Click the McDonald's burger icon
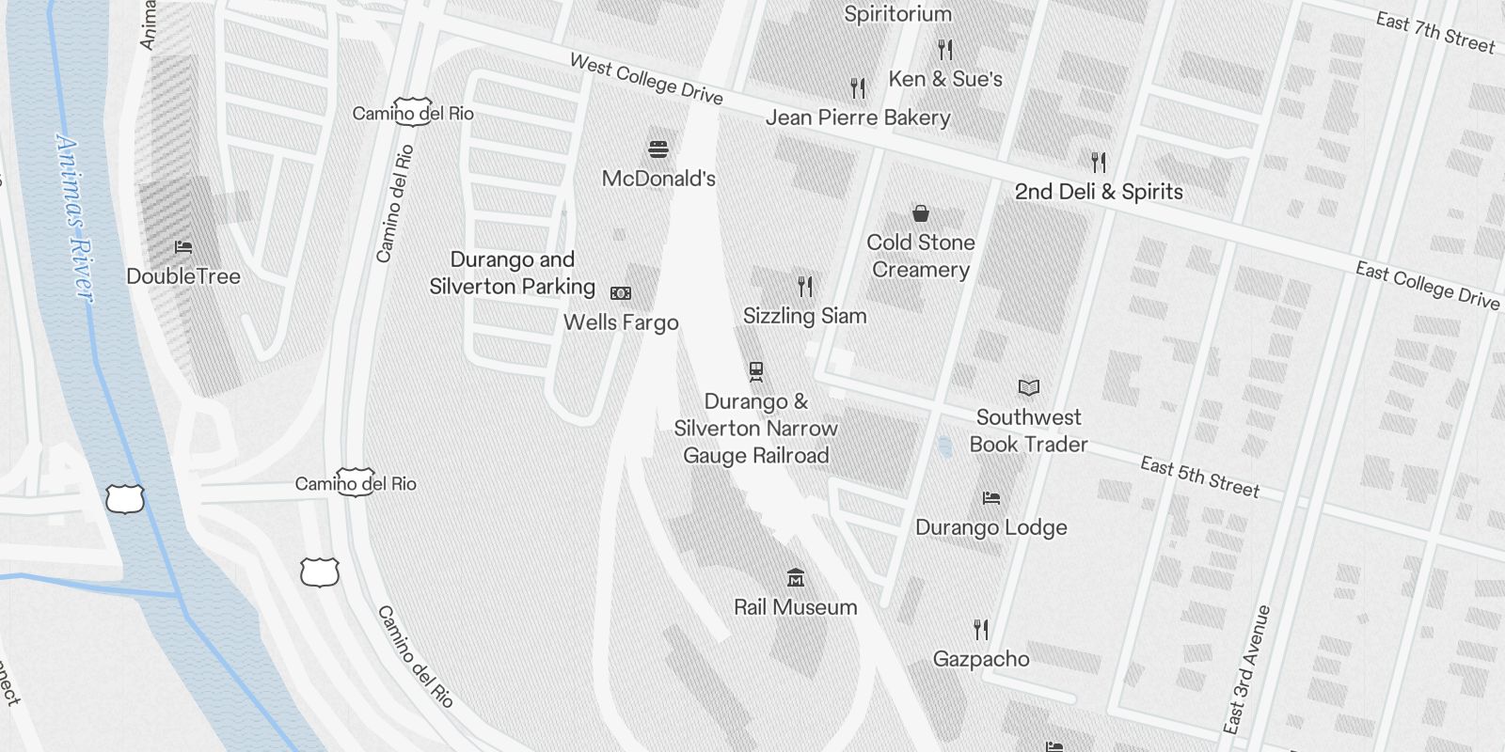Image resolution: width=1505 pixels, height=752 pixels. coord(658,149)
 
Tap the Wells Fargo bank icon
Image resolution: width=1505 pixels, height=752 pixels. coord(621,293)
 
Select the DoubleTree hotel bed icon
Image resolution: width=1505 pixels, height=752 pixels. coord(183,247)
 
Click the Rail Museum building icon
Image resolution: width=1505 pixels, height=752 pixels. coord(796,577)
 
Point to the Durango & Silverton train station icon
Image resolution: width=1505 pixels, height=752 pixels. coord(756,371)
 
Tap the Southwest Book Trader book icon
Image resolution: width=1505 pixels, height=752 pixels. coord(1029,387)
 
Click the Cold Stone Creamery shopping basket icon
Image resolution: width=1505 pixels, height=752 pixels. coord(921,213)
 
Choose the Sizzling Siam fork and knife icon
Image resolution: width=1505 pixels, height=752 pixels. coord(805,286)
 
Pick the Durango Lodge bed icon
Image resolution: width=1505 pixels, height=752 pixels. coord(990,498)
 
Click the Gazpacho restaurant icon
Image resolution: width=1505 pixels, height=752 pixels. coord(981,629)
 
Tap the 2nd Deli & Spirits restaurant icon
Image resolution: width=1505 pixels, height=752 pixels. coord(1099,162)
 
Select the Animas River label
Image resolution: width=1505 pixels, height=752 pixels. coord(75,218)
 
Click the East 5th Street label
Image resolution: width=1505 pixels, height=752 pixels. coord(1199,477)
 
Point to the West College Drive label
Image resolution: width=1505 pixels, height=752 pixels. coord(646,80)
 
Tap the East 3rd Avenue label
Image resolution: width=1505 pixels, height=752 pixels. coord(1247,668)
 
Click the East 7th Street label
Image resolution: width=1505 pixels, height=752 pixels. coord(1434,33)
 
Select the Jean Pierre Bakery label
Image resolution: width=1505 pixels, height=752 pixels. coord(858,117)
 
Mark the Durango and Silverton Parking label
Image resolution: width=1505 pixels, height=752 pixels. coord(512,273)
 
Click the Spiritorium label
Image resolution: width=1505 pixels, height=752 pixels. coord(897,14)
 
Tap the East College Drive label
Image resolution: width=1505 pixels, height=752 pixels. coord(1427,285)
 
